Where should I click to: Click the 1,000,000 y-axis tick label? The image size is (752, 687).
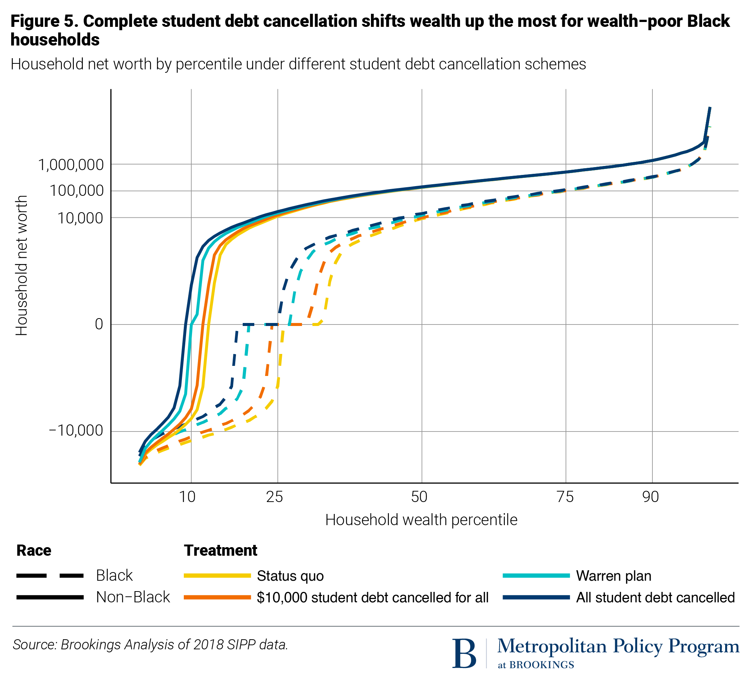coord(71,164)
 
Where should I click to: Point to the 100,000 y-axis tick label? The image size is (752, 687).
coord(76,191)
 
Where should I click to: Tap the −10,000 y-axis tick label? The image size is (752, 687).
coord(76,430)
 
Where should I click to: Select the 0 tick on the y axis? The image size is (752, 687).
coord(99,324)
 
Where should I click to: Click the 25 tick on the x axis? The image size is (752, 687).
coord(274,497)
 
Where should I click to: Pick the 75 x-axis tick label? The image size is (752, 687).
coord(565,497)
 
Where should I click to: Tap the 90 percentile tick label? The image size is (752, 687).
coord(651,497)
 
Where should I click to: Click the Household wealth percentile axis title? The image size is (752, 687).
coord(421,520)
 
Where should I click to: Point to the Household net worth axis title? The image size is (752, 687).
coord(22,265)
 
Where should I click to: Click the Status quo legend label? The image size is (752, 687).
coord(290,576)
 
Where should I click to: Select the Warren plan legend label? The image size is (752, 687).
coord(614,576)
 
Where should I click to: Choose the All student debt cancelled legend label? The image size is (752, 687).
coord(655,597)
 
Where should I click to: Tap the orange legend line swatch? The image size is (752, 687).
coord(217,597)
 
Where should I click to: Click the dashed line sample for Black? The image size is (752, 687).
coord(50,576)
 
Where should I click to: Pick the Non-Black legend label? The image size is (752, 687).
coord(133,597)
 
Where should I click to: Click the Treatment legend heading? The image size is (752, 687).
coord(220,550)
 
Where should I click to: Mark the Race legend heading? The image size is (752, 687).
coord(34,550)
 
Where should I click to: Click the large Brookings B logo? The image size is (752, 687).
coord(464,654)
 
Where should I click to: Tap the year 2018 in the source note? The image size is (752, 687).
coord(209,644)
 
